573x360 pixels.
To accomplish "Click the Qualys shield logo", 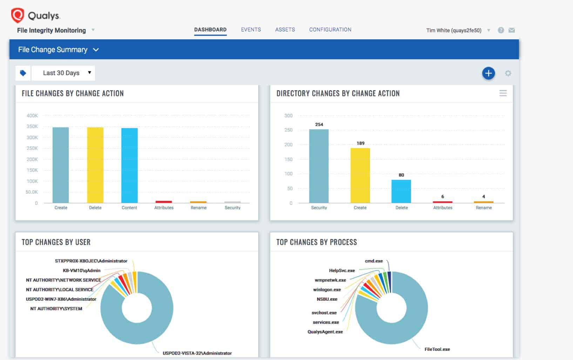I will (x=17, y=15).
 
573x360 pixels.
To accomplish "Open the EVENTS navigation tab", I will (x=251, y=29).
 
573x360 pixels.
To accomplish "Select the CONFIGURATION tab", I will (x=330, y=29).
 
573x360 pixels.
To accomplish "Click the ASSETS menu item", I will (x=285, y=29).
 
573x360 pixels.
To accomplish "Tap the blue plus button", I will (x=488, y=73).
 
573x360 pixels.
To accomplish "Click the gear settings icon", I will (x=508, y=73).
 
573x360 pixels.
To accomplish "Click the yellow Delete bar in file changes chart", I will (x=95, y=165).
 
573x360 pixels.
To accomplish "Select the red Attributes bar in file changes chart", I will (x=164, y=202).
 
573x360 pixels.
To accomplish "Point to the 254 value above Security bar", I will (x=319, y=125).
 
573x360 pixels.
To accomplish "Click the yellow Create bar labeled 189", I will (x=360, y=175).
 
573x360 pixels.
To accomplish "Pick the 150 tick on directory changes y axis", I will (x=288, y=159).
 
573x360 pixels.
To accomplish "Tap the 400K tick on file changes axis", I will (x=32, y=115).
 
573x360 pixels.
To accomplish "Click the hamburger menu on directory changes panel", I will (x=503, y=93).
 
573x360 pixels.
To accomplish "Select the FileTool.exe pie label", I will (x=437, y=349).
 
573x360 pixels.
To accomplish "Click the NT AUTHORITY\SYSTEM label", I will (x=56, y=308).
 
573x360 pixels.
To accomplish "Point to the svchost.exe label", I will (x=324, y=313).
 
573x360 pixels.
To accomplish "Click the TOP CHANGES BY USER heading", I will (x=56, y=242).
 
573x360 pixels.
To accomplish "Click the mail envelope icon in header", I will (x=512, y=30).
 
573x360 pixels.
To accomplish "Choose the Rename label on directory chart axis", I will (x=484, y=208).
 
